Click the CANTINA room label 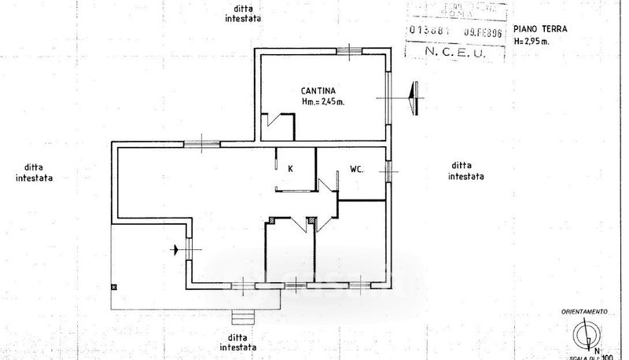pos(320,90)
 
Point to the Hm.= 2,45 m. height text pos(323,102)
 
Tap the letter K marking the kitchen pos(290,169)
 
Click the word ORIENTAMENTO pos(584,311)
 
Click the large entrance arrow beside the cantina pos(415,97)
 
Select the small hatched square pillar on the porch pos(115,287)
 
